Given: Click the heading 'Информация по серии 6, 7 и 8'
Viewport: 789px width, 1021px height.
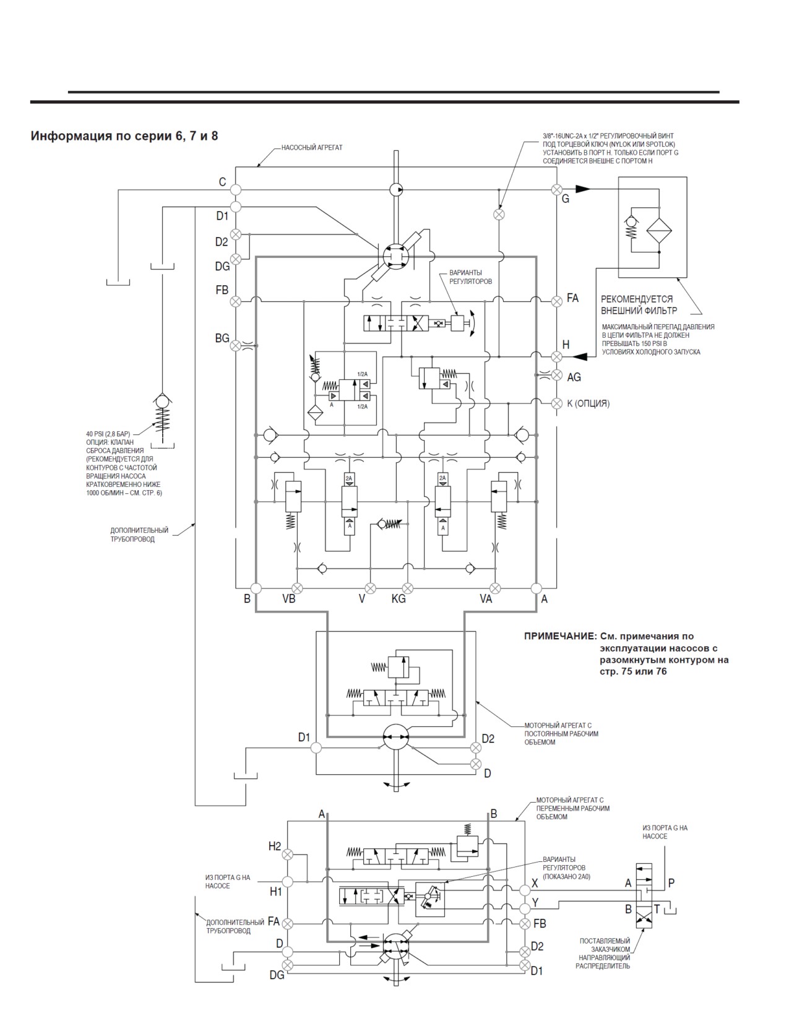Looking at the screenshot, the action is pos(124,136).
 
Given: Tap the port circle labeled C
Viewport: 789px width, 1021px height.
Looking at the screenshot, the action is pos(236,190).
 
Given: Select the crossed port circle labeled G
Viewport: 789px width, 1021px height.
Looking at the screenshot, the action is pos(556,190).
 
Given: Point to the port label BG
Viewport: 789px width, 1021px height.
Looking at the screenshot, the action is pos(222,338).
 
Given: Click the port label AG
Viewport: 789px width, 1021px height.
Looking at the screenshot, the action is pos(574,377).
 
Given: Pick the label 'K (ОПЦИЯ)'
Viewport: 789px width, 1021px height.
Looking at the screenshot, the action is pos(589,403).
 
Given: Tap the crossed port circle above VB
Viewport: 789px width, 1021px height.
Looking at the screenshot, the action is pos(297,588).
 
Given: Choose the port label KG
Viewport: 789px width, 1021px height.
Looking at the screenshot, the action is pos(399,599).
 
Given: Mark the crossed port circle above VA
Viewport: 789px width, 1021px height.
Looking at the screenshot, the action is pos(495,588).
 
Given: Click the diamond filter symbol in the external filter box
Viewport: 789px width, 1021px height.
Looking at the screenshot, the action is pos(659,231).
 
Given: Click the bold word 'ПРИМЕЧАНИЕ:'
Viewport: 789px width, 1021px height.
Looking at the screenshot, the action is pos(560,636).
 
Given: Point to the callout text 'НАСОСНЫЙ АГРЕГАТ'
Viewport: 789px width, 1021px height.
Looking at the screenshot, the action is pos(312,147).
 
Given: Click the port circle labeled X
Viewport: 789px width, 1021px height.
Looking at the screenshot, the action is pos(524,890).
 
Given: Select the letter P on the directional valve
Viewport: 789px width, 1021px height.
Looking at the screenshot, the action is pos(671,883).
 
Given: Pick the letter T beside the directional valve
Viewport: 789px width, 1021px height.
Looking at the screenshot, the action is pos(657,909).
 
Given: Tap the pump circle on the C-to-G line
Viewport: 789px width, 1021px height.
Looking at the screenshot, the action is pos(396,190).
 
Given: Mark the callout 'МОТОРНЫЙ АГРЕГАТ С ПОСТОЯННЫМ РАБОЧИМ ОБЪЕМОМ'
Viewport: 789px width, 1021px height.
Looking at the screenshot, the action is pos(561,734).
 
